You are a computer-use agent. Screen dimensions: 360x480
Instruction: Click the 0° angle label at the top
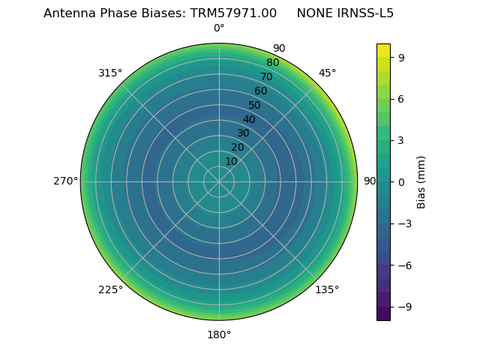[x=219, y=28]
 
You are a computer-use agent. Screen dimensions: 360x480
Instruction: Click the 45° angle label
[x=327, y=73]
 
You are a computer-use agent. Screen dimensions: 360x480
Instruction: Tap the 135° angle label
[x=327, y=289]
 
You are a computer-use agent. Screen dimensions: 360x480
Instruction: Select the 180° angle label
[x=219, y=334]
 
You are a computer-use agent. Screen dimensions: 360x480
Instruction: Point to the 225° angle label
[x=110, y=289]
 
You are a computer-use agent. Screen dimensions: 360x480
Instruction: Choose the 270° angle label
[x=65, y=181]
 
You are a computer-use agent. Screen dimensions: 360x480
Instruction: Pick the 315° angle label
[x=110, y=73]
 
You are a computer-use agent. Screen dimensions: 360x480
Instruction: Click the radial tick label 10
[x=231, y=161]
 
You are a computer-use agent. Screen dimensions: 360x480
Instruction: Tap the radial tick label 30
[x=243, y=133]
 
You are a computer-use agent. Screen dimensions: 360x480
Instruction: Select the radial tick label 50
[x=255, y=105]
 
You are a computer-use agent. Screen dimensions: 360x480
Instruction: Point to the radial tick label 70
[x=267, y=77]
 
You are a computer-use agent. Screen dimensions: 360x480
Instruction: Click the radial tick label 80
[x=273, y=63]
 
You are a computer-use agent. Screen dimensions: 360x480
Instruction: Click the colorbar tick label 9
[x=402, y=57]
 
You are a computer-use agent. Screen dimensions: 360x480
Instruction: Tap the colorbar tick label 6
[x=402, y=98]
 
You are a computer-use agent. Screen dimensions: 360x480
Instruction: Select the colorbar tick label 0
[x=402, y=181]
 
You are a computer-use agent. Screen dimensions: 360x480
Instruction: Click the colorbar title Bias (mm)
[x=421, y=181]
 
